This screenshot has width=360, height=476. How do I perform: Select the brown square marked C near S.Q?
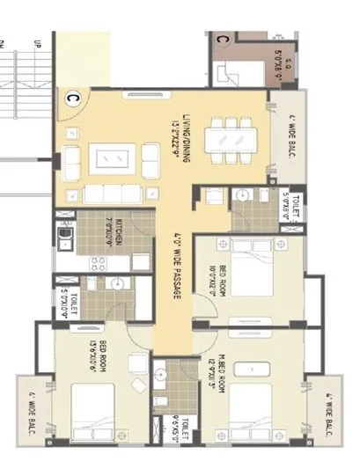tap(223, 39)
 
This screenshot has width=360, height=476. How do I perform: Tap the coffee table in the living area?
tap(115, 159)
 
